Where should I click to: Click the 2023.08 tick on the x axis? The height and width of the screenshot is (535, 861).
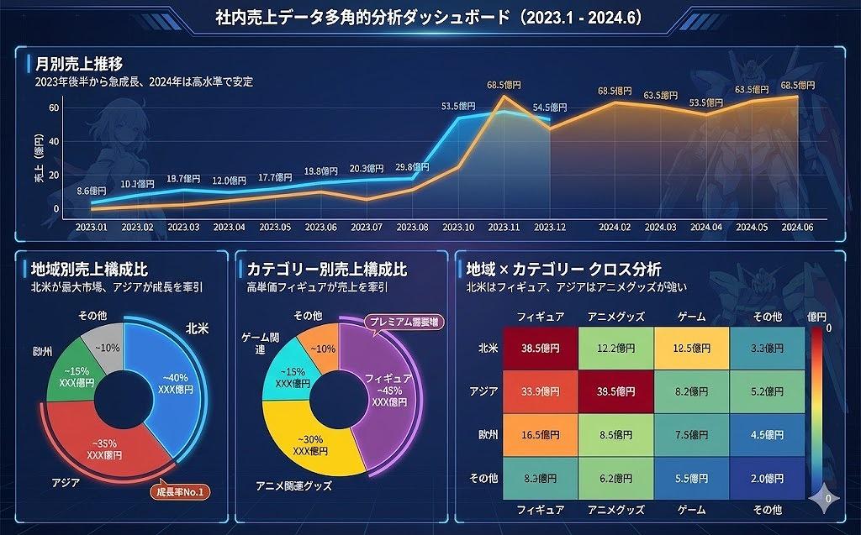pyautogui.click(x=412, y=228)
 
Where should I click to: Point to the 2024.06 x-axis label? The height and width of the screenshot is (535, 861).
pyautogui.click(x=798, y=228)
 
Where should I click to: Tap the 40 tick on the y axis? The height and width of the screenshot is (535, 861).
pyautogui.click(x=54, y=141)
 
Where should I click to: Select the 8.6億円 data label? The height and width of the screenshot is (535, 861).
pyautogui.click(x=92, y=191)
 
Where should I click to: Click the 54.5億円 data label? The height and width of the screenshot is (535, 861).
pyautogui.click(x=550, y=108)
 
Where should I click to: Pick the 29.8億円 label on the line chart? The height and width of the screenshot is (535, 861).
pyautogui.click(x=412, y=167)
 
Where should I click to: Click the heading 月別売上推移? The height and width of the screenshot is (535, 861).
pyautogui.click(x=79, y=64)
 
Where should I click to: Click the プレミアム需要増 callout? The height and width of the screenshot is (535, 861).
pyautogui.click(x=404, y=322)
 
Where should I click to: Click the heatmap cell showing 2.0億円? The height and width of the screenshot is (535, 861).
pyautogui.click(x=767, y=478)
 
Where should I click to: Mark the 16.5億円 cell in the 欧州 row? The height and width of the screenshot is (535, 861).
pyautogui.click(x=540, y=434)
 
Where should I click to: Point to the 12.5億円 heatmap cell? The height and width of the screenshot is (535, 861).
pyautogui.click(x=692, y=347)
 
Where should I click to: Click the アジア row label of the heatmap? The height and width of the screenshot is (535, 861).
pyautogui.click(x=483, y=391)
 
